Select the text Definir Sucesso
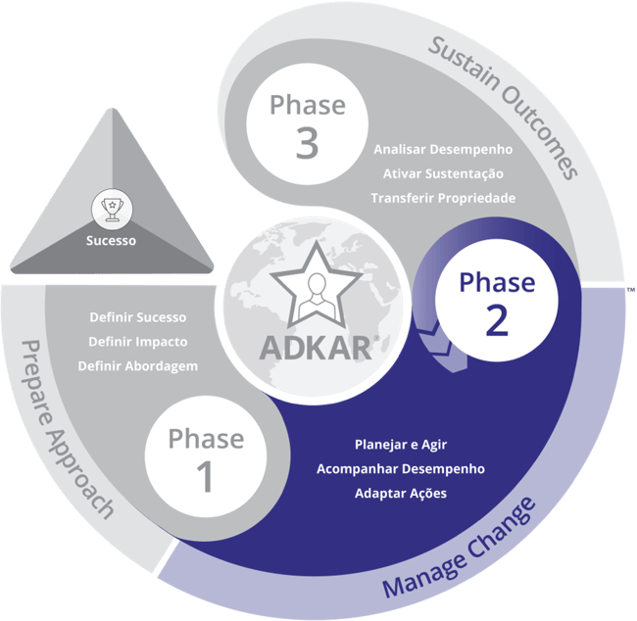[x=137, y=318]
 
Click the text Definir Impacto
[x=137, y=342]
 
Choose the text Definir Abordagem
[x=137, y=366]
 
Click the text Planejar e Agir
[x=400, y=445]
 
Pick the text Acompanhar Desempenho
[x=400, y=468]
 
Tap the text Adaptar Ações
[x=400, y=493]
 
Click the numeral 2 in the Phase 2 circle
[x=497, y=320]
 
